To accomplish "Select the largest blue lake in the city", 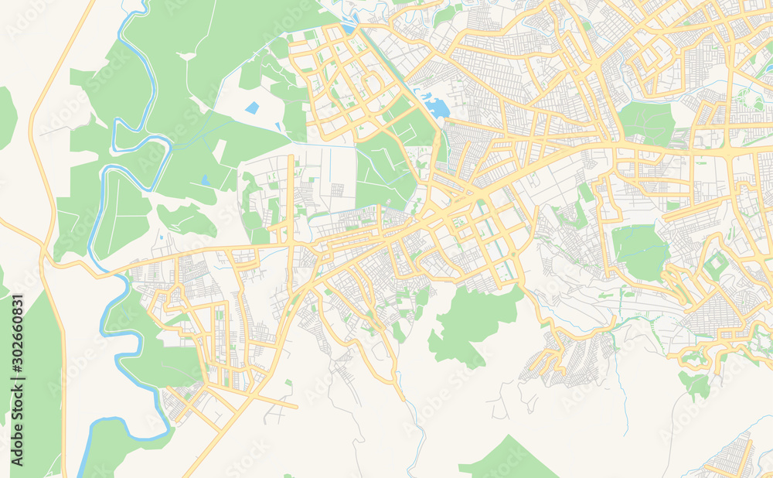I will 438,107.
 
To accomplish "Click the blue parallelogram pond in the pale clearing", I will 252,108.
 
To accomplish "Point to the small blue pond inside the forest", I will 205,181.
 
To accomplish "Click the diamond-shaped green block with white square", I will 717,265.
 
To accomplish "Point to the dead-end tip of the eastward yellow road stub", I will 297,406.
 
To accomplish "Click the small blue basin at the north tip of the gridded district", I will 350,29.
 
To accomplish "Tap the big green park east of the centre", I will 640,251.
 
